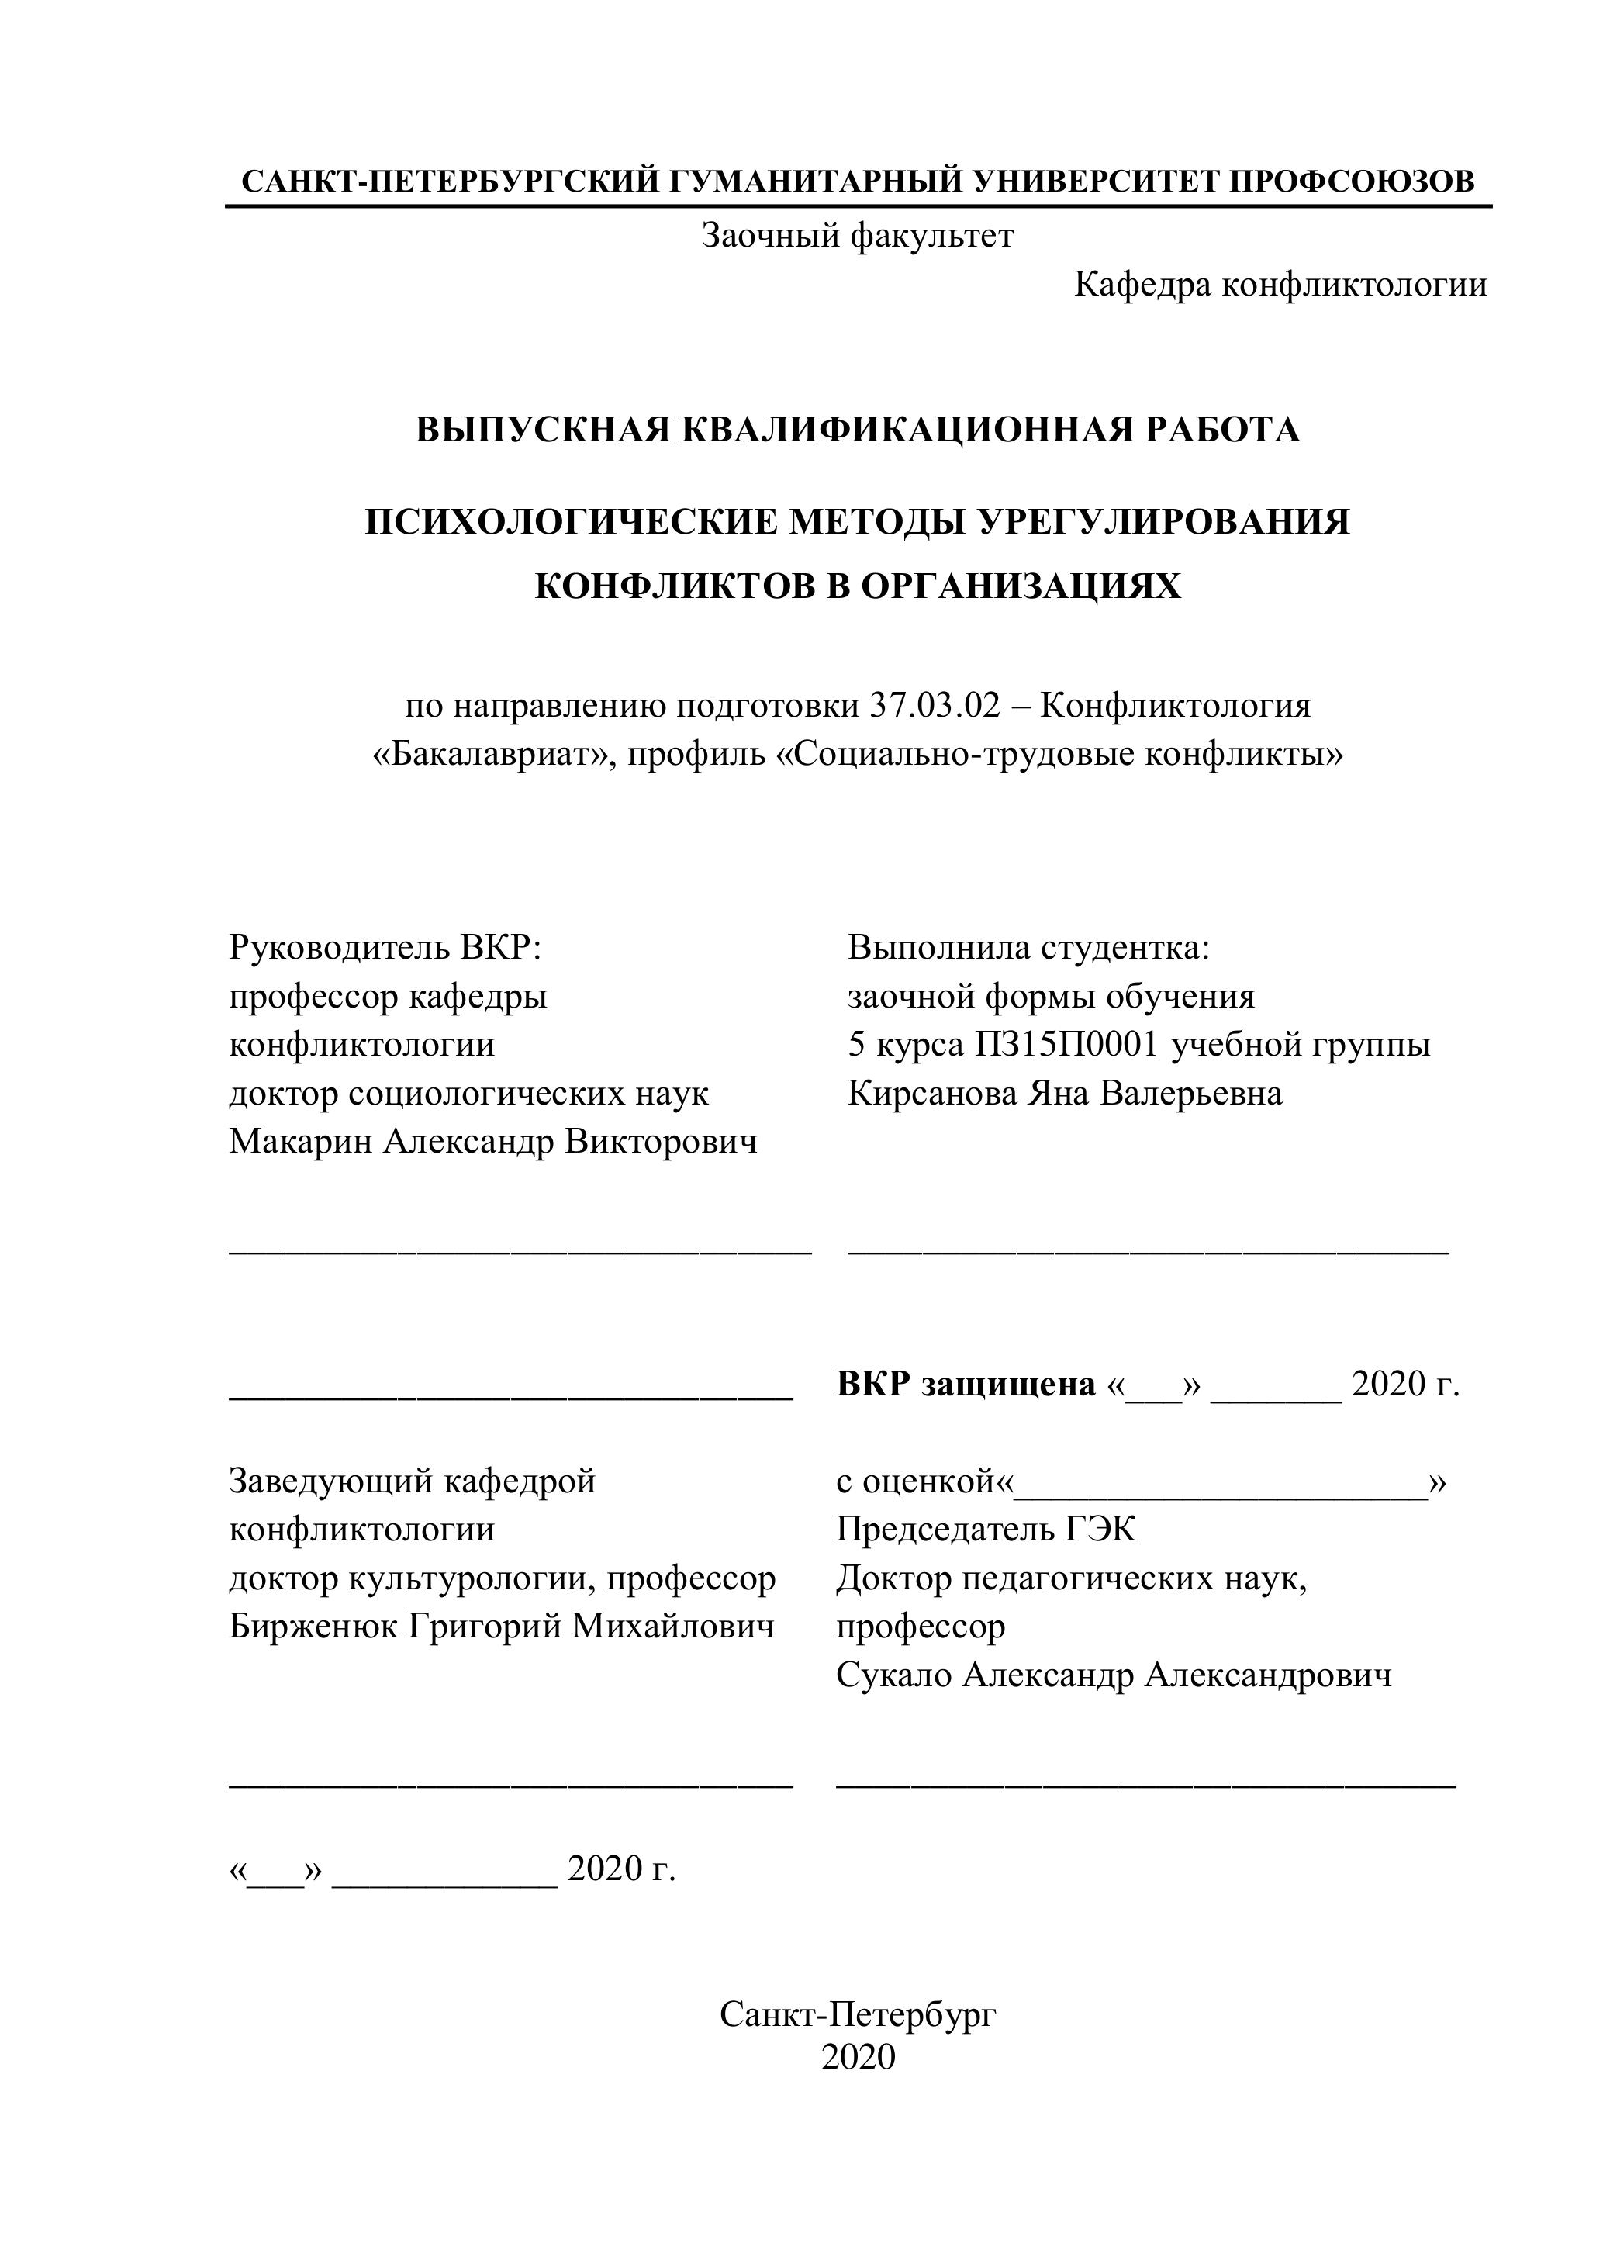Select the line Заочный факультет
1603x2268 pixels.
click(x=857, y=235)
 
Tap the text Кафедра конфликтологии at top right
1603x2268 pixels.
click(x=1280, y=285)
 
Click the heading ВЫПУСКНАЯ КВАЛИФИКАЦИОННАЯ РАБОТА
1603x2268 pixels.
click(x=857, y=430)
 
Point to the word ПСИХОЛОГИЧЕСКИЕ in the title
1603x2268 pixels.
click(x=570, y=520)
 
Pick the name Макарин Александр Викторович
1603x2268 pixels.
click(x=493, y=1141)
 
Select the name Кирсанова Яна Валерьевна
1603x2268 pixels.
click(x=1065, y=1093)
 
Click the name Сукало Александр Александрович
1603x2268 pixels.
click(x=1113, y=1675)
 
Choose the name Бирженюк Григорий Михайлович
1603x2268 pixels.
click(x=501, y=1626)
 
